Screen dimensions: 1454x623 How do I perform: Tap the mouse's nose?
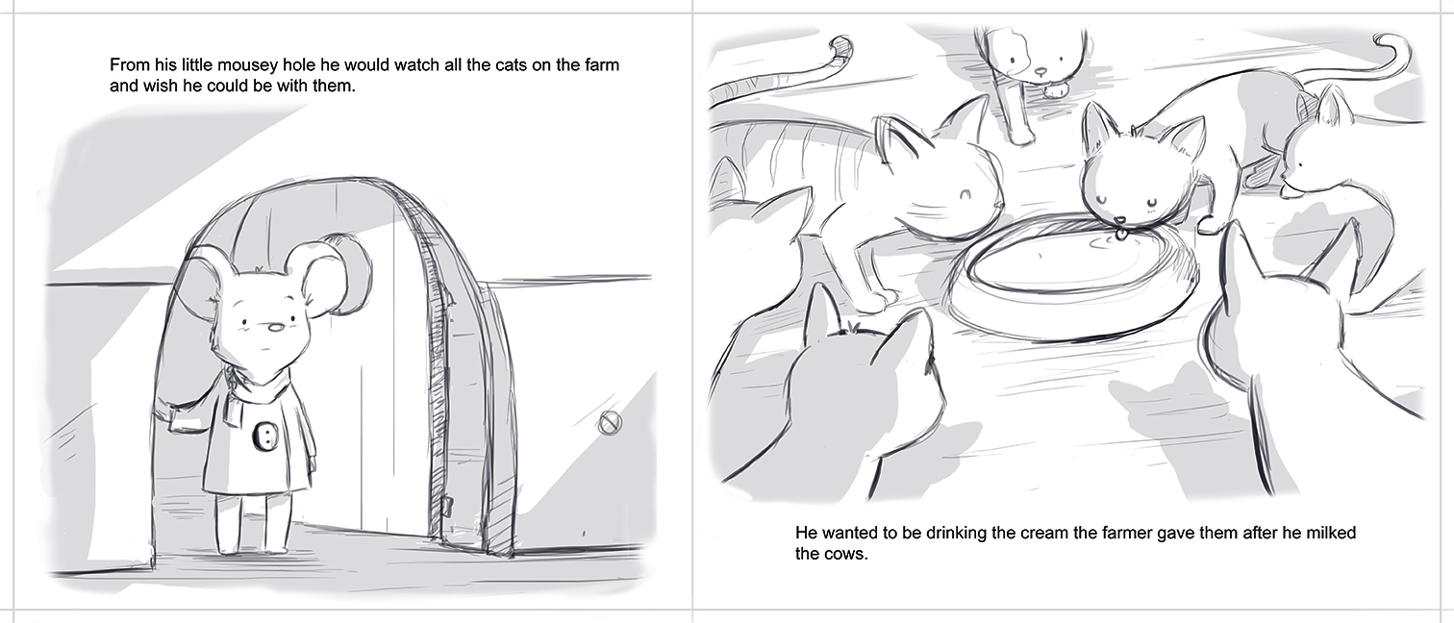pos(275,328)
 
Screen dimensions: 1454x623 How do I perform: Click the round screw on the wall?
pos(610,423)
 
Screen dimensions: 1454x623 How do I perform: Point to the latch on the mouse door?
pos(447,505)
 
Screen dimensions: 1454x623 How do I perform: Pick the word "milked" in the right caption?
pos(1330,533)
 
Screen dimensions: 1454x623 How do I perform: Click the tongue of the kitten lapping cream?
pos(1119,233)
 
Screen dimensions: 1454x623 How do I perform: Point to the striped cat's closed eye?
pos(965,193)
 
